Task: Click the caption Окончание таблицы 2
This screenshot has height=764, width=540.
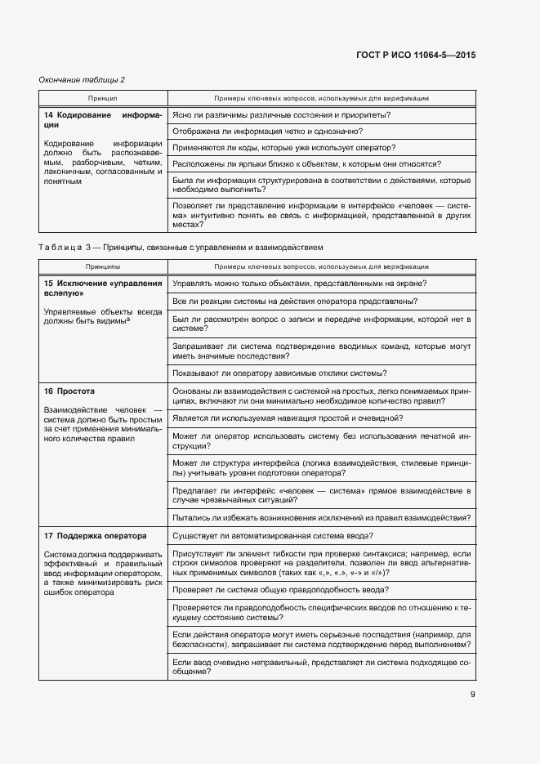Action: coord(83,79)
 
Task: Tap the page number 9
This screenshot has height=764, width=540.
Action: coord(472,695)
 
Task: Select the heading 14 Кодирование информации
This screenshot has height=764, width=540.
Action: coord(103,120)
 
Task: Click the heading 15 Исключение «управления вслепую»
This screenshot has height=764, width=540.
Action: coord(103,288)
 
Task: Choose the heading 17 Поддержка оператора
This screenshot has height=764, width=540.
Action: coord(96,536)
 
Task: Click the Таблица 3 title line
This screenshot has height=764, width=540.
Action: coord(181,246)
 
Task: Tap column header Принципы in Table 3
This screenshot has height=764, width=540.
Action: coord(102,266)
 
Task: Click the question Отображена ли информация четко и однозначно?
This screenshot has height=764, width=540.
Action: coord(268,131)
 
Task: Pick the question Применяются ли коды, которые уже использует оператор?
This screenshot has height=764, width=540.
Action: coord(284,147)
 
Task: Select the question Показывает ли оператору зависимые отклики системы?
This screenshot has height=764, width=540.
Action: coord(279,373)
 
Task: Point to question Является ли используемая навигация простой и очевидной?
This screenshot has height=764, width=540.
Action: coord(288,418)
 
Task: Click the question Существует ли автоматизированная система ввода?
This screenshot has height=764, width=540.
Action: coord(274,535)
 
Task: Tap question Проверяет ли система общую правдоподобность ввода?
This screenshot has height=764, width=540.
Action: coord(281,589)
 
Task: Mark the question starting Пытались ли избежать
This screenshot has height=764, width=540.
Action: coord(320,517)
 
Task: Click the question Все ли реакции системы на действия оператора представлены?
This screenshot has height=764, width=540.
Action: coord(296,301)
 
